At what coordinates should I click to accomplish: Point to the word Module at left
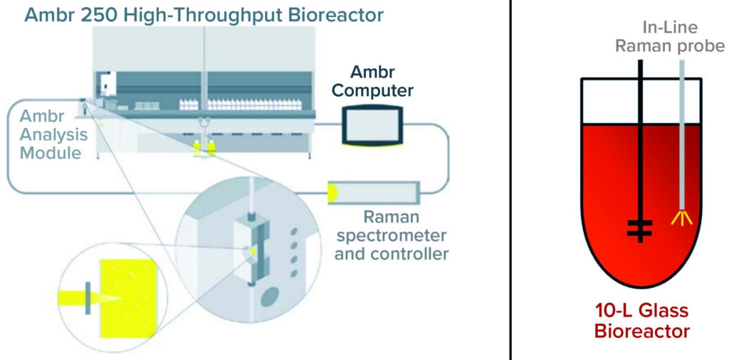(x=50, y=152)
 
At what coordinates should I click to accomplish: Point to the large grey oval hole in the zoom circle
(x=270, y=296)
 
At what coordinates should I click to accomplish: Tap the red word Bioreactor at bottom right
(x=643, y=331)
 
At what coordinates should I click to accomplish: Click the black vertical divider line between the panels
(x=511, y=180)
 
